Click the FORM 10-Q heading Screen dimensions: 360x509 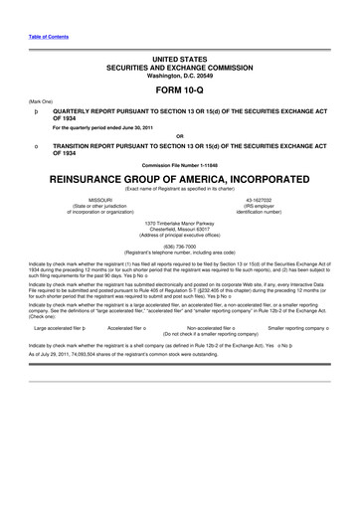point(179,88)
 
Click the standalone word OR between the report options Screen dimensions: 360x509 point(179,136)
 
